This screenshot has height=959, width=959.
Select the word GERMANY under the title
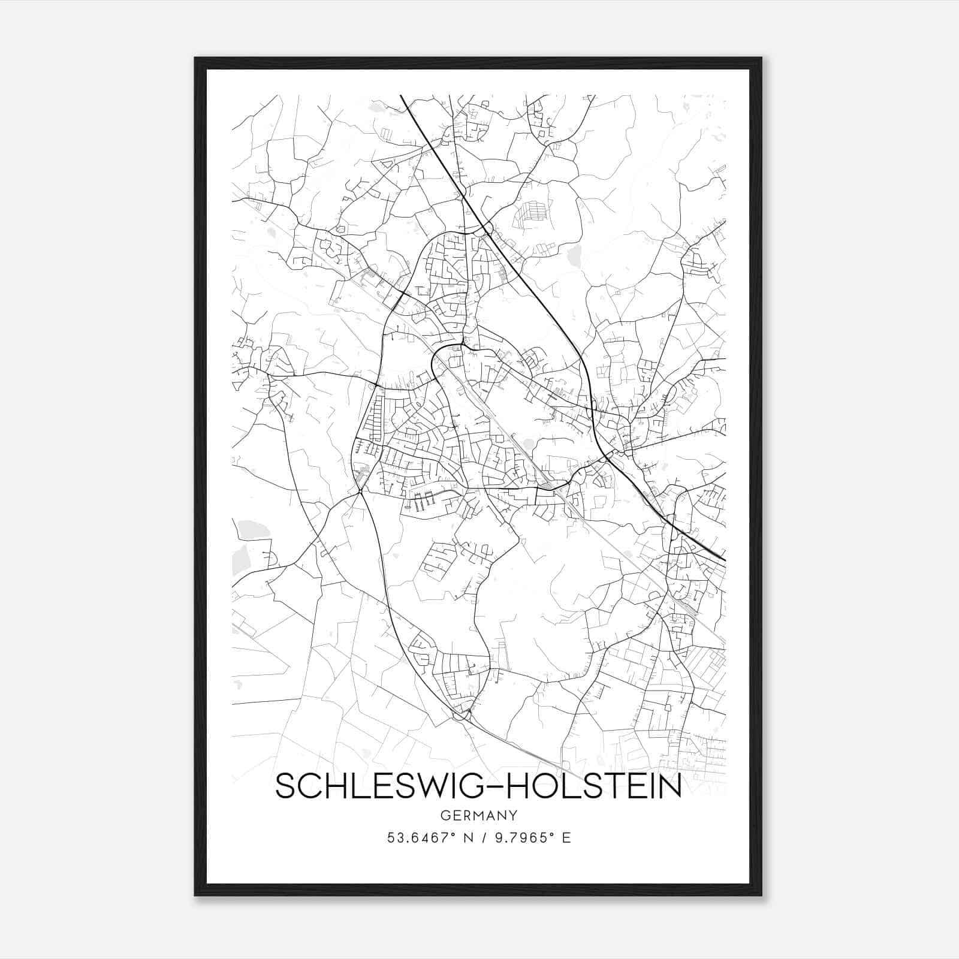pos(478,815)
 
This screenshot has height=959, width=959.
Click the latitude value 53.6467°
pos(424,837)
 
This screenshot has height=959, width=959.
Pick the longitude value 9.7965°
pos(520,837)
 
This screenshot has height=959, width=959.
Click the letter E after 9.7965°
pos(566,837)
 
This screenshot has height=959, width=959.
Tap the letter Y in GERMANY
pos(512,815)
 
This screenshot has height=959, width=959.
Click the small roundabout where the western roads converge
pos(360,491)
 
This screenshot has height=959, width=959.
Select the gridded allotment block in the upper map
pos(531,211)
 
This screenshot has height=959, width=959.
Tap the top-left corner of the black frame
pos(195,59)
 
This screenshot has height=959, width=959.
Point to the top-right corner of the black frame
pos(761,59)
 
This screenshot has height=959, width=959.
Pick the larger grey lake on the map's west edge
pos(248,530)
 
